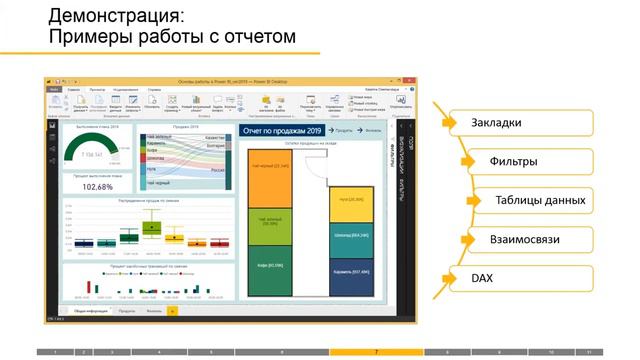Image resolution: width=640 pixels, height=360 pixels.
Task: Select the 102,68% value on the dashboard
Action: tap(97, 186)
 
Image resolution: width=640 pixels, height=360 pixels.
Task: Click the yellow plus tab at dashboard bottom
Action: tap(172, 311)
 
